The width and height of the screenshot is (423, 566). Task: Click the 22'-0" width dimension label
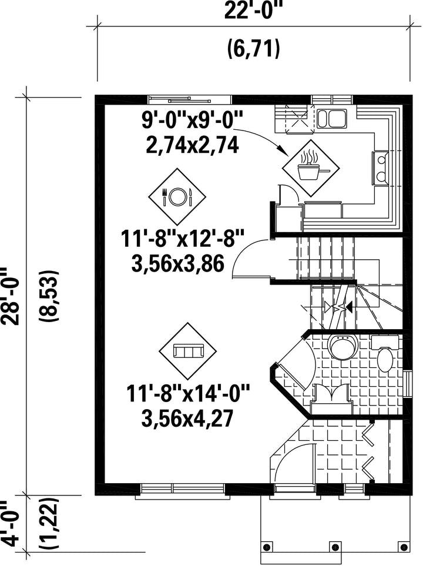pyautogui.click(x=253, y=10)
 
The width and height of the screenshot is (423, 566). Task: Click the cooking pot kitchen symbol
pyautogui.click(x=311, y=169)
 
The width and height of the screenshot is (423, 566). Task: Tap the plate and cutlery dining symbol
pyautogui.click(x=177, y=196)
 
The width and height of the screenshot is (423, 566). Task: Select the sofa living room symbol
pyautogui.click(x=187, y=351)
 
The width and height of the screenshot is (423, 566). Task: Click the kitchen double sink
pyautogui.click(x=332, y=119)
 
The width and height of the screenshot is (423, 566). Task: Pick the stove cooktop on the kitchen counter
pyautogui.click(x=381, y=168)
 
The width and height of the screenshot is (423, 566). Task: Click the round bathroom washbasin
pyautogui.click(x=343, y=347)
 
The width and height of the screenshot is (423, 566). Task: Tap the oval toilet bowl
pyautogui.click(x=385, y=360)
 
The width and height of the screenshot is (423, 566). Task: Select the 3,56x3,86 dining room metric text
pyautogui.click(x=178, y=263)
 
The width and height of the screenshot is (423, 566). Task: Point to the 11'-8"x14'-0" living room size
pyautogui.click(x=187, y=393)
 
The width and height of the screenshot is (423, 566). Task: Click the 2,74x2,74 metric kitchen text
pyautogui.click(x=192, y=145)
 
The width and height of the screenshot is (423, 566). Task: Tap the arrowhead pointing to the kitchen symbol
pyautogui.click(x=284, y=150)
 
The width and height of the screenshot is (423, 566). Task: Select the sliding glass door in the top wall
pyautogui.click(x=190, y=99)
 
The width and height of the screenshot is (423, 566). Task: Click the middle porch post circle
pyautogui.click(x=335, y=546)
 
